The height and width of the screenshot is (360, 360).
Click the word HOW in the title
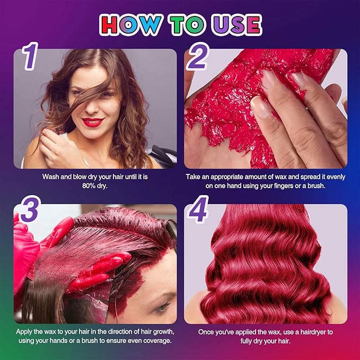[130, 24]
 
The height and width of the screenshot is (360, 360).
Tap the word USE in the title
[237, 25]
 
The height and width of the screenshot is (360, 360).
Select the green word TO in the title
[187, 25]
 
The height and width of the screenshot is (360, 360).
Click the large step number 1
[30, 56]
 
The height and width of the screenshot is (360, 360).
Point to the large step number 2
[197, 56]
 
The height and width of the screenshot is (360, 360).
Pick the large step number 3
[30, 209]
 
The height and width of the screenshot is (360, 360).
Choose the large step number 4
[197, 209]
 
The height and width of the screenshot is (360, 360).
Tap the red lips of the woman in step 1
[93, 122]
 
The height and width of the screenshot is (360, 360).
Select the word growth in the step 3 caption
[164, 332]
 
